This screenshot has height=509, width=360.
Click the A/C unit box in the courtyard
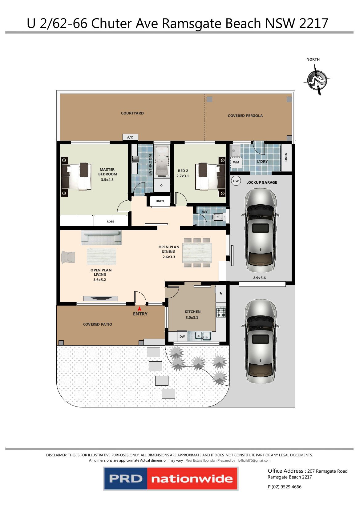(130, 137)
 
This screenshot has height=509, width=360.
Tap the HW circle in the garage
(236, 181)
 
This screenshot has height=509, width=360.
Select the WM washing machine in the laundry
(236, 162)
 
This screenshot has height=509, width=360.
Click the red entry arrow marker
(140, 308)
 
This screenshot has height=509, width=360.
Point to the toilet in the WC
(219, 217)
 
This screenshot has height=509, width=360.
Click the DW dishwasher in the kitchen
(182, 336)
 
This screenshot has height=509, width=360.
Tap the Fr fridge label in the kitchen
(221, 294)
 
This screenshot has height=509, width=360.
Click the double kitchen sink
(203, 336)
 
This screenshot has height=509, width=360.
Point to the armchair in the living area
(68, 257)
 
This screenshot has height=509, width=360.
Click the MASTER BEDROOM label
(107, 172)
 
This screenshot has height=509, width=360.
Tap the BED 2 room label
(183, 171)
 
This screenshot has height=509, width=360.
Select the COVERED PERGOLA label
(245, 116)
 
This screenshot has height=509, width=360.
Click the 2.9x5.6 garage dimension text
(259, 278)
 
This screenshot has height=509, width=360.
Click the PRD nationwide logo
(171, 479)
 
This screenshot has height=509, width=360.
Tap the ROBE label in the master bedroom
(110, 222)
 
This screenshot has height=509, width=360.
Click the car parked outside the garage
(260, 342)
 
